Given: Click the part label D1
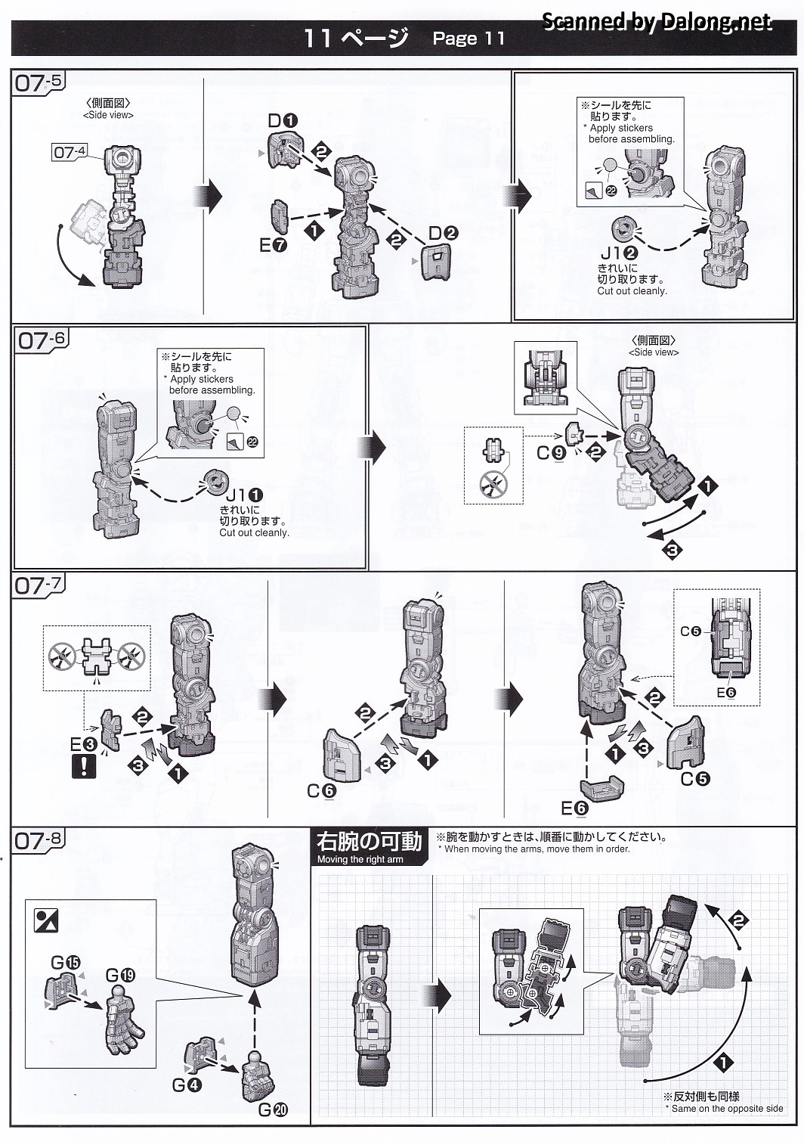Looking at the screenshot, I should pos(283,120).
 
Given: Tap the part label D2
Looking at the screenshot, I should pos(444,234).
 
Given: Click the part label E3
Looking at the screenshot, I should pos(84,744).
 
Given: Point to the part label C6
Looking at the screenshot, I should pos(321,790).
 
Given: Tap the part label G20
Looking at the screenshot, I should pos(273,1110).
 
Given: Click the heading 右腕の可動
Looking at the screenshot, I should pos(368,842).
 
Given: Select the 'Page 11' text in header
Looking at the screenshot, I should pos(468,39).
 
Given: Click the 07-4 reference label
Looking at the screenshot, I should pos(69,152).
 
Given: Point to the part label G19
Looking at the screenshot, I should pos(120,975).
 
